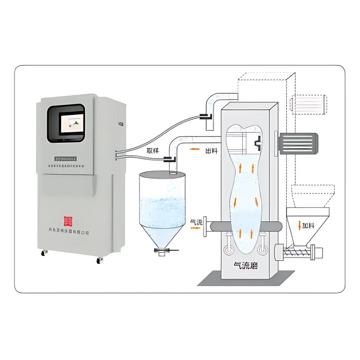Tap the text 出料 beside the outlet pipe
[x=211, y=151]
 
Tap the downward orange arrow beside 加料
[x=299, y=226]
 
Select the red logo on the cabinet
[x=68, y=221]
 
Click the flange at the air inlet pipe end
[x=205, y=226]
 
